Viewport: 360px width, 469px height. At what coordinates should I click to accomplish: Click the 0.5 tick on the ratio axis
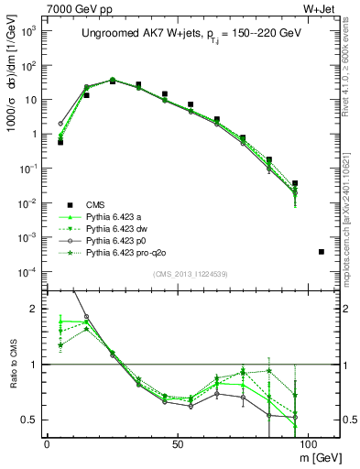[x=34, y=420]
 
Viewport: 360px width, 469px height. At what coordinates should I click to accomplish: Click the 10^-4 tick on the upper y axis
[x=31, y=271]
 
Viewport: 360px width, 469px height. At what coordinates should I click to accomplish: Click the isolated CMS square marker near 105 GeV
[x=321, y=251]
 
